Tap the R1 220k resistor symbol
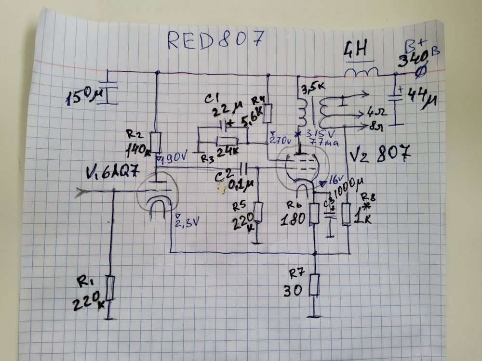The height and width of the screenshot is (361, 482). pyautogui.click(x=110, y=288)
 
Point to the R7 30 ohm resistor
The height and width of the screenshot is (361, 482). pyautogui.click(x=315, y=285)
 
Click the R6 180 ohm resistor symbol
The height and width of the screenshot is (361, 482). pyautogui.click(x=315, y=214)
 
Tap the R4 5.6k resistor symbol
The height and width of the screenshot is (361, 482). pyautogui.click(x=268, y=114)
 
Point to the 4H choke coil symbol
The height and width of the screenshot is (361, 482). pyautogui.click(x=361, y=73)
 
